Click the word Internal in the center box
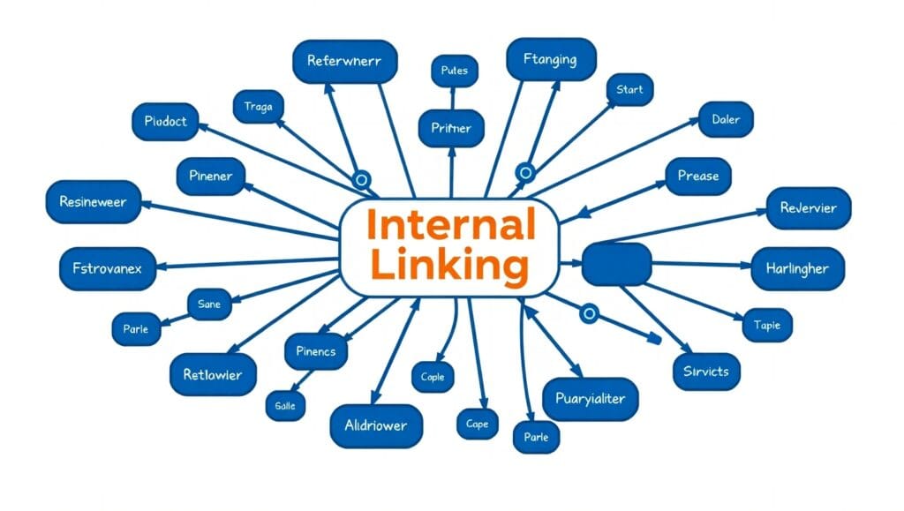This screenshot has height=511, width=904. point(450,225)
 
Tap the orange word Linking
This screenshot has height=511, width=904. point(450,265)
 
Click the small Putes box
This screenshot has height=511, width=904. point(455,71)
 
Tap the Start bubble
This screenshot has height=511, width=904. point(630,90)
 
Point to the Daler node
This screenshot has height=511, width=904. point(726,119)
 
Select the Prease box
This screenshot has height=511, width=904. point(698,176)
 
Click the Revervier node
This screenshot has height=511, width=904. point(808,208)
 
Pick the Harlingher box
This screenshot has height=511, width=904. point(797,268)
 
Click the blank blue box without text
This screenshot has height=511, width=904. point(617,264)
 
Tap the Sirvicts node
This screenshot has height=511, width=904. point(706,372)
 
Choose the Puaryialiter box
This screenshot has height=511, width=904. point(590,399)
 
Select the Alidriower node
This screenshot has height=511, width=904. point(376,425)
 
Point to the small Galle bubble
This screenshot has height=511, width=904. point(285,405)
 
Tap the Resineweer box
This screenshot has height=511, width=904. point(93,202)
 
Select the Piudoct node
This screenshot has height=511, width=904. point(165,122)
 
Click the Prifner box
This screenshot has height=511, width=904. point(451,128)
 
